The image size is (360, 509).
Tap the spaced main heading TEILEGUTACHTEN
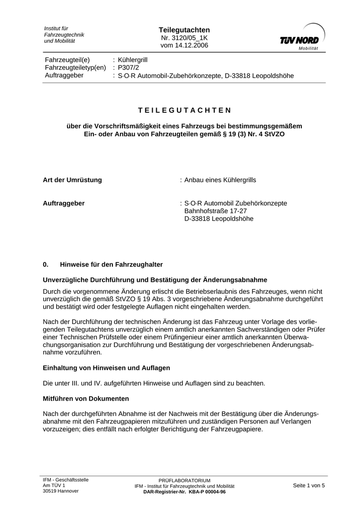(x=184, y=110)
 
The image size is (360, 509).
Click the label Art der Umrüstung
(x=73, y=180)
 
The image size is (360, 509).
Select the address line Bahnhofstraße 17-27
(x=215, y=211)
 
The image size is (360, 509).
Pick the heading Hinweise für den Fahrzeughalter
(x=111, y=264)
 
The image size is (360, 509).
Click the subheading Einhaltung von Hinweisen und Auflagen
(x=107, y=368)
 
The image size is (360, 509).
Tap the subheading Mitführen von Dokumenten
(x=86, y=399)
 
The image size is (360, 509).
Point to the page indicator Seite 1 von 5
(x=309, y=486)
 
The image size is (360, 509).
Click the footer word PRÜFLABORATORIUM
(x=184, y=480)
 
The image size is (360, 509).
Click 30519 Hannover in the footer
(x=61, y=491)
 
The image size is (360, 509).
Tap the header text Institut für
(x=56, y=28)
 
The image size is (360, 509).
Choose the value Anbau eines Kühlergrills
(x=220, y=180)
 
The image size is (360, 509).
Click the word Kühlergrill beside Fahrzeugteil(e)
(x=133, y=60)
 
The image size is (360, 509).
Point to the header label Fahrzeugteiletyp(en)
(x=76, y=68)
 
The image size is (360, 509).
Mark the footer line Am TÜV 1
(x=54, y=486)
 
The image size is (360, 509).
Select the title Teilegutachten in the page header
(x=184, y=30)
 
